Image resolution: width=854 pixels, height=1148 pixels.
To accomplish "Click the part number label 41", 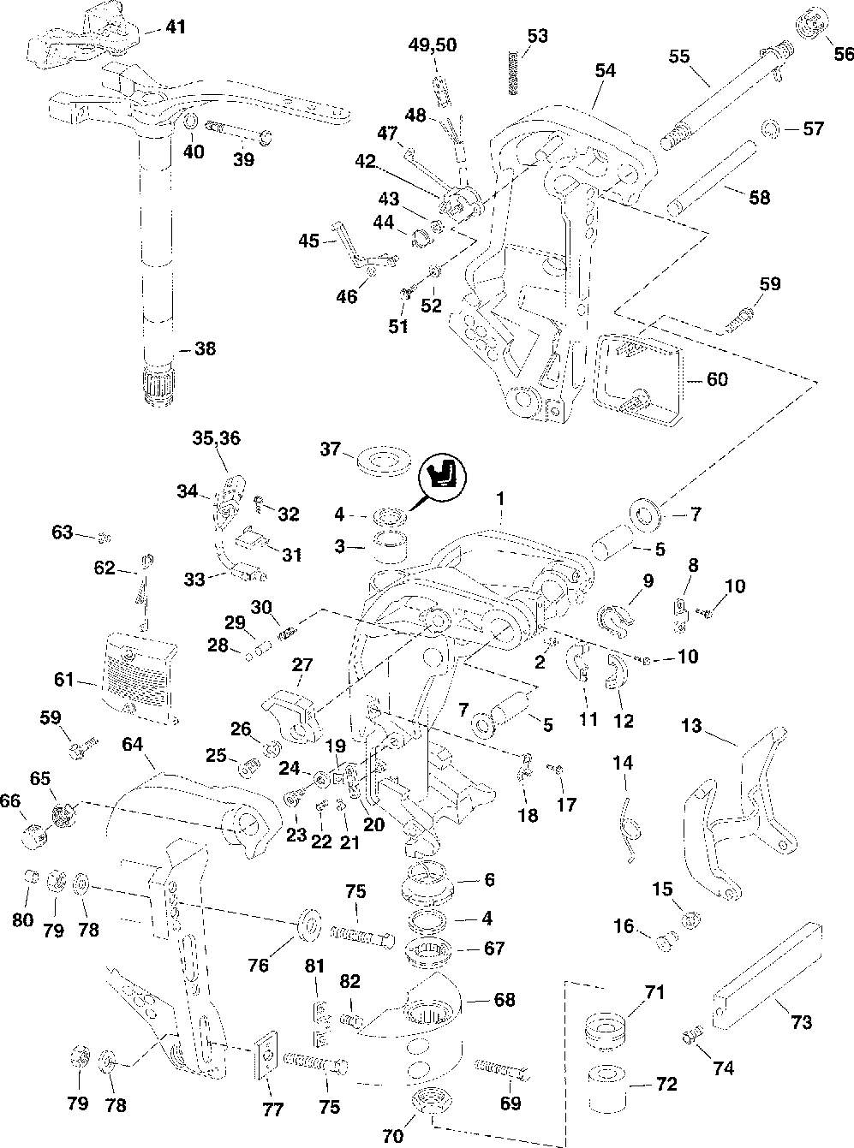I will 175,28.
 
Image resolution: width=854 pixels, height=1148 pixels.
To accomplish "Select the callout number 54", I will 606,71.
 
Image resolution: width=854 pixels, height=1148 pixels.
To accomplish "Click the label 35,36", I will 216,439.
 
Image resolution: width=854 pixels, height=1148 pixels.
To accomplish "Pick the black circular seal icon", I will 442,477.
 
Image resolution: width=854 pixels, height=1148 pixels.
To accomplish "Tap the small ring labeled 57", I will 770,129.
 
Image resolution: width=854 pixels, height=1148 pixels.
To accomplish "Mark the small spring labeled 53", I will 514,72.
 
